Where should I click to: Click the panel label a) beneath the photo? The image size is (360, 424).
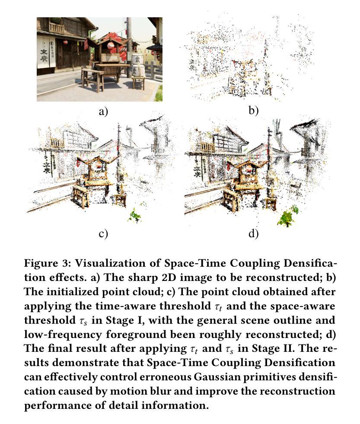pyautogui.click(x=103, y=112)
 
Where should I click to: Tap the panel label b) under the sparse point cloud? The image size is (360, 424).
pyautogui.click(x=253, y=111)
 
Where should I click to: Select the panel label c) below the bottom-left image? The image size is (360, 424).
pyautogui.click(x=103, y=234)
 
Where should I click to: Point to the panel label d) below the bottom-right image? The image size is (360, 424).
pyautogui.click(x=253, y=234)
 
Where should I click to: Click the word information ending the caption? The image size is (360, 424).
pyautogui.click(x=181, y=406)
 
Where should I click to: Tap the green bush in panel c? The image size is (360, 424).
pyautogui.click(x=135, y=214)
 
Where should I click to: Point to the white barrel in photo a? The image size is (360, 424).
pyautogui.click(x=138, y=70)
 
